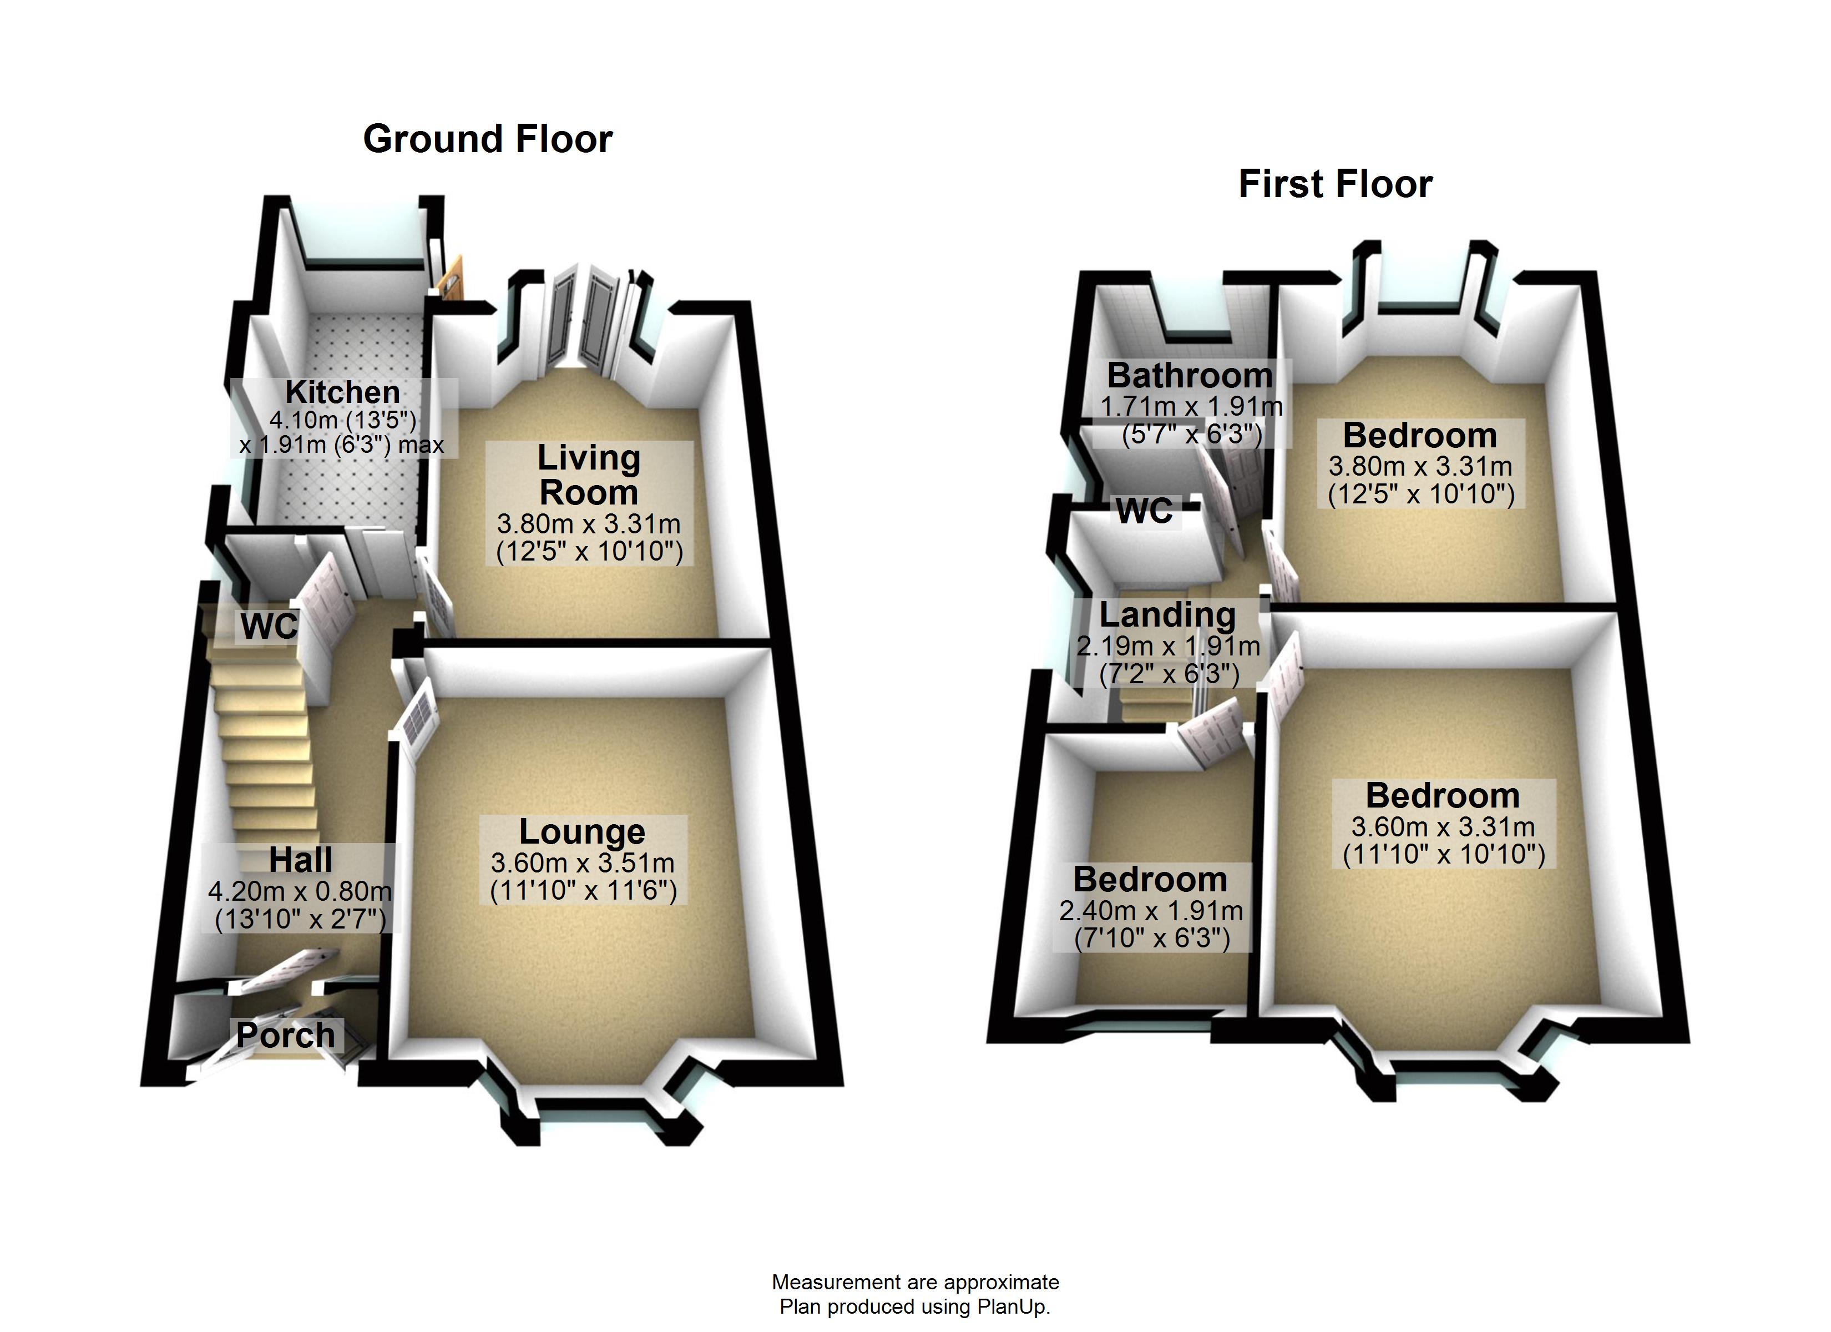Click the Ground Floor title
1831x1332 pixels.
[488, 139]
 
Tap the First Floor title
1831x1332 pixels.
[1336, 184]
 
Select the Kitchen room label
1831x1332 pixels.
[342, 392]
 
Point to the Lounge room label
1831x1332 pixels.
[582, 831]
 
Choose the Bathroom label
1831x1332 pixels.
[1190, 376]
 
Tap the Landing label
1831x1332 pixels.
[1167, 615]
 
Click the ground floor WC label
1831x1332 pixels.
[270, 626]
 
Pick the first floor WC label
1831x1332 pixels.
[1145, 511]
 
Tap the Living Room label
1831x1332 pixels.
[589, 475]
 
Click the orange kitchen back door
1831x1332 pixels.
[449, 282]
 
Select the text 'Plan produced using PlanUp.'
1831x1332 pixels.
[915, 1306]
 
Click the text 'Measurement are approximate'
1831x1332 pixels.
[915, 1282]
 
